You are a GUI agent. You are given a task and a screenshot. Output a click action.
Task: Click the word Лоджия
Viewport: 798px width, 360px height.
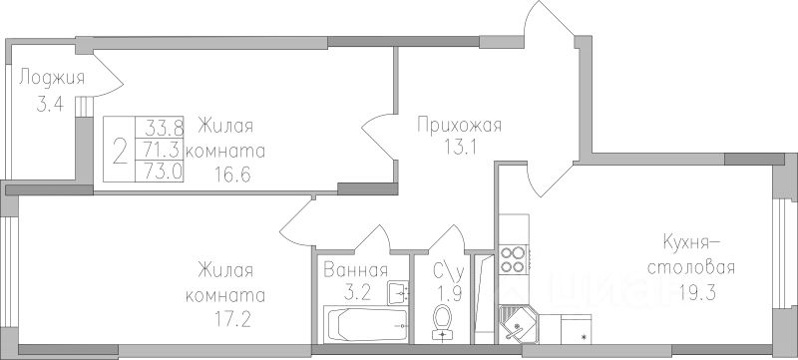coord(52,80)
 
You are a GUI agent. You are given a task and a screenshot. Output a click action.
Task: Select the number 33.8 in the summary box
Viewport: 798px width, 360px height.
coord(164,125)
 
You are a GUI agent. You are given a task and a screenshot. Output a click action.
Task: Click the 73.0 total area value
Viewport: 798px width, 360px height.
coord(163,172)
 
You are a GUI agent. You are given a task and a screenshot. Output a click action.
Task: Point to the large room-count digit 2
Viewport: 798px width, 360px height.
coord(120,152)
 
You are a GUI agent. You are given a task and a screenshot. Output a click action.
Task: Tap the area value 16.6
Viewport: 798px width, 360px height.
coord(232,175)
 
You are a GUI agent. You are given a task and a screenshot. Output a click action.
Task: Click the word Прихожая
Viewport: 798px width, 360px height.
coord(460,126)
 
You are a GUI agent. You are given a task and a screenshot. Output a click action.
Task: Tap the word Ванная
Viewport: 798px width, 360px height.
coord(356,269)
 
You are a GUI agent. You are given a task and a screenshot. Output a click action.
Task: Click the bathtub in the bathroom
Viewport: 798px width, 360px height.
coord(366,324)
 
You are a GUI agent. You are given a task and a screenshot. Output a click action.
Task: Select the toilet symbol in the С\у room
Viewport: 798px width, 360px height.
coord(442,322)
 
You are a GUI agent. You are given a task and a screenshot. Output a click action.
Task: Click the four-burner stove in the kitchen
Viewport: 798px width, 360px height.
coord(512,259)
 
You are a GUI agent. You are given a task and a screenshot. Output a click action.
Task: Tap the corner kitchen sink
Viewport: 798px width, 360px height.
coord(517,324)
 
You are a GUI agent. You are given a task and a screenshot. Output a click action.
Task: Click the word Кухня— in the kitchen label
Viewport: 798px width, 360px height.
coord(690,242)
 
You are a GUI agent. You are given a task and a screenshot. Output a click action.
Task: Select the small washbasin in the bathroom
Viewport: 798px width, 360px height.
coord(397,293)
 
